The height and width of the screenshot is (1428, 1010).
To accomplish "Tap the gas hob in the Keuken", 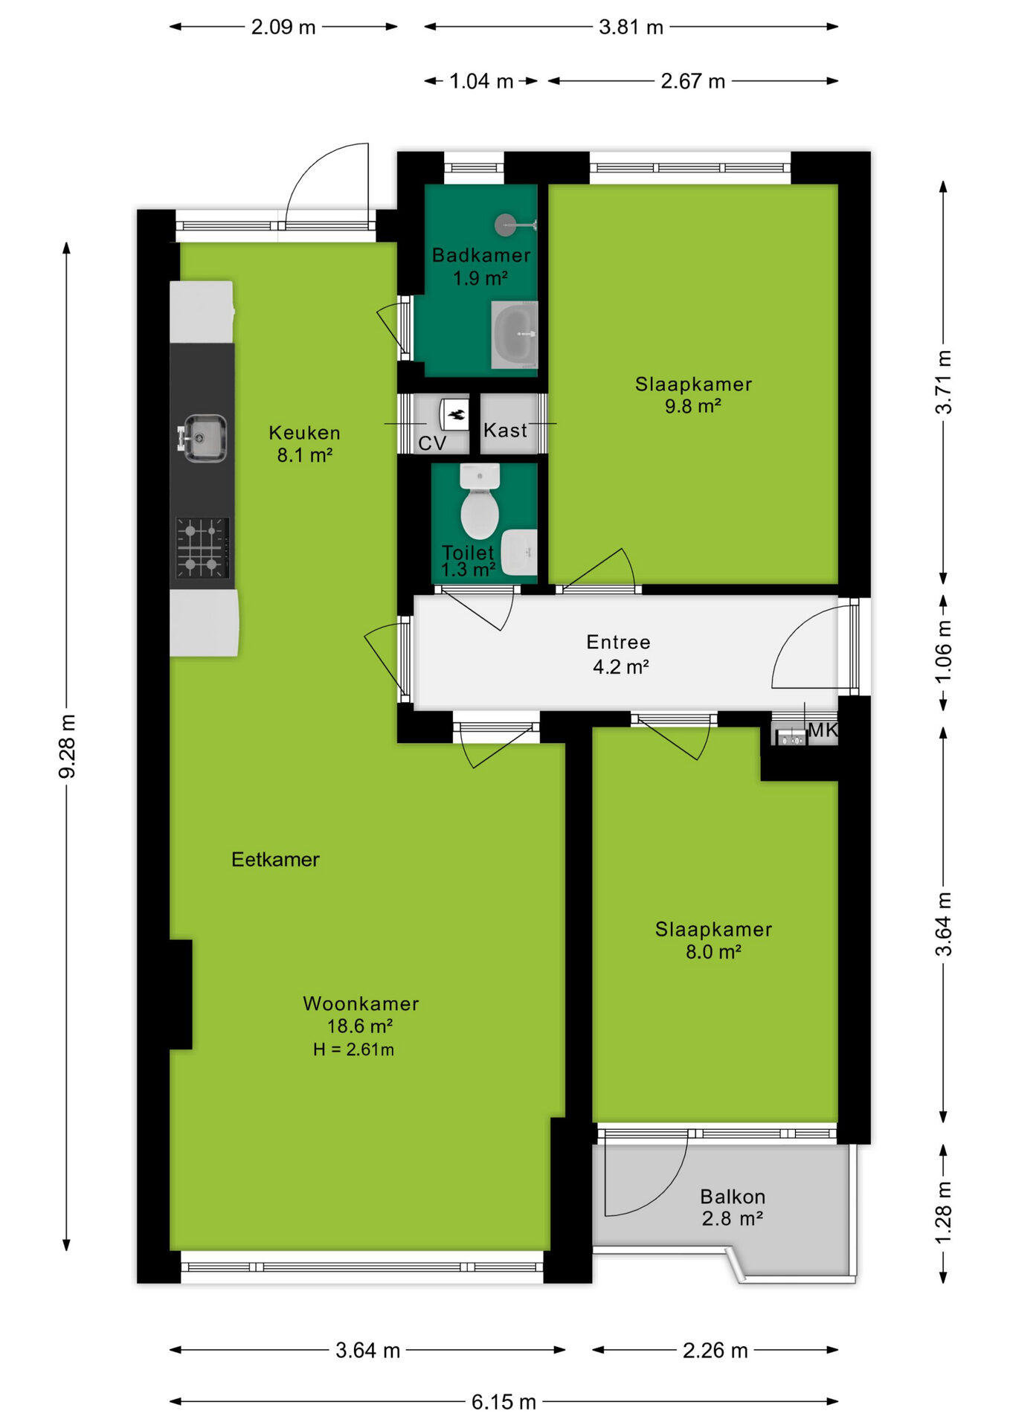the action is pyautogui.click(x=202, y=548).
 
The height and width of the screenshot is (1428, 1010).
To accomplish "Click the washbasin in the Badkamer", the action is pyautogui.click(x=514, y=335).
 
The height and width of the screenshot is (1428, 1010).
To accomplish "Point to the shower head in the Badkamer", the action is pyautogui.click(x=506, y=224).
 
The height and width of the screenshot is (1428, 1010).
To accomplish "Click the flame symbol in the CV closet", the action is pyautogui.click(x=455, y=414).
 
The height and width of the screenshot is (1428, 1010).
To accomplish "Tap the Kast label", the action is pyautogui.click(x=505, y=430).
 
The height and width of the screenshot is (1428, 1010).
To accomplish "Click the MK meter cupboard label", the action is pyautogui.click(x=823, y=730).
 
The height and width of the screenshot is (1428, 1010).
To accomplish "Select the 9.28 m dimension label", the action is pyautogui.click(x=67, y=747).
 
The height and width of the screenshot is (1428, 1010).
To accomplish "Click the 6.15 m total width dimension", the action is pyautogui.click(x=504, y=1402).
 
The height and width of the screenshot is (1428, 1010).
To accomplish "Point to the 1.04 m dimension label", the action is pyautogui.click(x=481, y=81).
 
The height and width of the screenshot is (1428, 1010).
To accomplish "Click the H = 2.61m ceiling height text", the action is pyautogui.click(x=353, y=1049).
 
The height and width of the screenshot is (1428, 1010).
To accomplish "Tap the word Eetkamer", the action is pyautogui.click(x=275, y=860).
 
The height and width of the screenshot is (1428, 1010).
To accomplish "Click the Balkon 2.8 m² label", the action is pyautogui.click(x=733, y=1207).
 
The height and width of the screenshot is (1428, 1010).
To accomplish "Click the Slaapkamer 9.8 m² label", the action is pyautogui.click(x=693, y=395).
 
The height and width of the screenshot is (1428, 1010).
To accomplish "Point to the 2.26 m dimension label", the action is pyautogui.click(x=715, y=1350).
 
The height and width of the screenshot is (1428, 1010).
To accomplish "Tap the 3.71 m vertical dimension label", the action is pyautogui.click(x=943, y=382).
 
